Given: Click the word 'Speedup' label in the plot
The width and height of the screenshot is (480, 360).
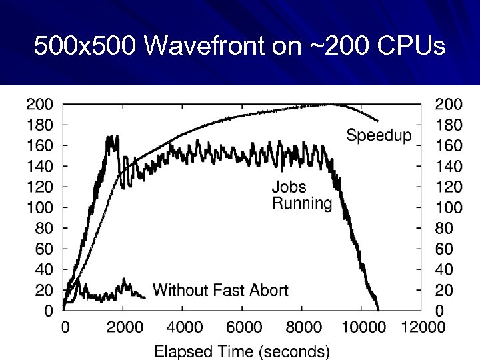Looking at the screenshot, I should [x=379, y=136].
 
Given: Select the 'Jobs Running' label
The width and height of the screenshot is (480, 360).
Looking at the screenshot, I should [x=301, y=195].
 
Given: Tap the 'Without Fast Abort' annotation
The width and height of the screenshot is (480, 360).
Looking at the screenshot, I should [x=221, y=289].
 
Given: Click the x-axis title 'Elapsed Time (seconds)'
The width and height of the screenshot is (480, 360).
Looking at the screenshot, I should [x=242, y=351].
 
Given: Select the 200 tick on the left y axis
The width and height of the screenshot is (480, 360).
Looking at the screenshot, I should [x=39, y=103].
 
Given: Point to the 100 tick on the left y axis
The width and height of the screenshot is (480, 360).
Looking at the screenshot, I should [x=39, y=207].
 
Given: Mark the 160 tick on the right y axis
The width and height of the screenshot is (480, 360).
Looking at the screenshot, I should [x=449, y=145].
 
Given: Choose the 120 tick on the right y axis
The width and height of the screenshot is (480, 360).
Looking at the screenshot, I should [x=449, y=186].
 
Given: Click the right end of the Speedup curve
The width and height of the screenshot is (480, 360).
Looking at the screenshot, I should [x=378, y=121].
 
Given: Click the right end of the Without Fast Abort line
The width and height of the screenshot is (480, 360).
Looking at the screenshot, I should [x=145, y=297].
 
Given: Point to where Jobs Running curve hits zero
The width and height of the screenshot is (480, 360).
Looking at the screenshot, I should [x=379, y=310].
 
